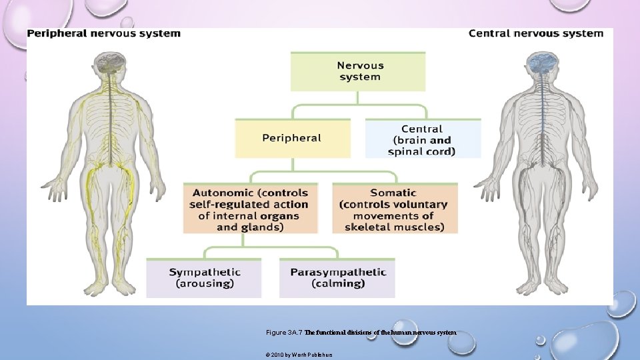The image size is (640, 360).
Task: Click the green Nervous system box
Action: point(358,71)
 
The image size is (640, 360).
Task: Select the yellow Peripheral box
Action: point(292,138)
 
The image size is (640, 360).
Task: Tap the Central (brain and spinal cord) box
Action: point(423,139)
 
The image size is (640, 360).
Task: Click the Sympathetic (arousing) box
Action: point(204,277)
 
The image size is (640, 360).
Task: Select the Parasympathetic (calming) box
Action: point(337,277)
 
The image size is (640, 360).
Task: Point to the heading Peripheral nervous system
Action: point(104,33)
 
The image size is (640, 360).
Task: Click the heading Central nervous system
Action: point(536,33)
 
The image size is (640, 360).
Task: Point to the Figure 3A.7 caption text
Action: point(361,332)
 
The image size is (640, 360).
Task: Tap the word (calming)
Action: point(338,283)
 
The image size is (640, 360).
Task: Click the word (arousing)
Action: point(205,283)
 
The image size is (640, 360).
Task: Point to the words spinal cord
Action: point(421,151)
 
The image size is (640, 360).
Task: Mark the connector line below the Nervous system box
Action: point(358,98)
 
